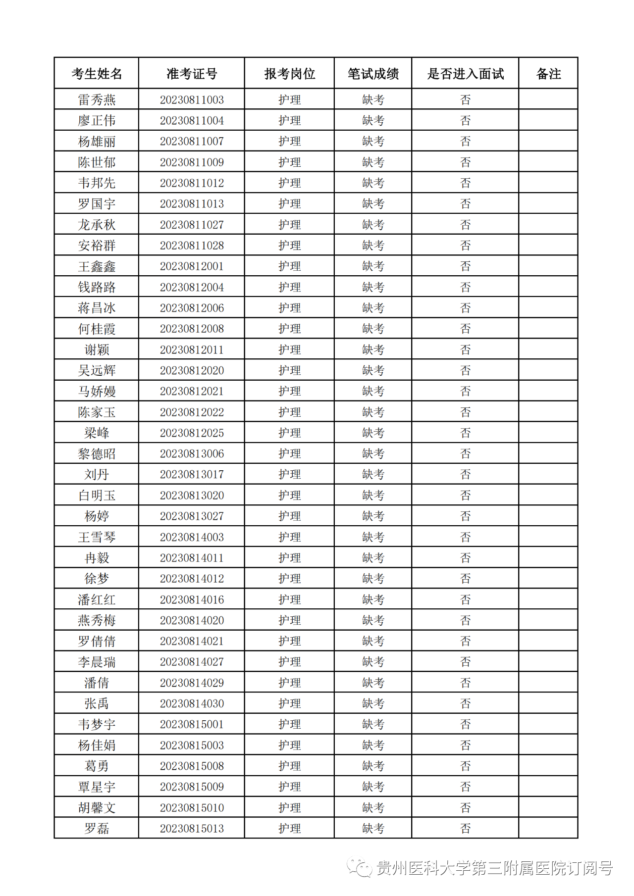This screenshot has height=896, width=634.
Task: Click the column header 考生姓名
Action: (x=97, y=74)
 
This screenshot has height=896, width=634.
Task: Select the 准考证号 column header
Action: (x=192, y=74)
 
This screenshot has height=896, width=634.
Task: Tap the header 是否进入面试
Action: (x=465, y=74)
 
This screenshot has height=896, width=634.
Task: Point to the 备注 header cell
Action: (x=548, y=74)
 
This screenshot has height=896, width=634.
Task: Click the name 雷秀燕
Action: (x=97, y=100)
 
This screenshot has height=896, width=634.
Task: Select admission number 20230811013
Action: (x=192, y=204)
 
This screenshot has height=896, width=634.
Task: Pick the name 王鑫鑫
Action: (x=97, y=267)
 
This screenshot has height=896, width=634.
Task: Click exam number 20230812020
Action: (x=192, y=371)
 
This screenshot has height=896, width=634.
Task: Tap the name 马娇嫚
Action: (x=97, y=392)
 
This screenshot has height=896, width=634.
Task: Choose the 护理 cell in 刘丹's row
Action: (x=289, y=475)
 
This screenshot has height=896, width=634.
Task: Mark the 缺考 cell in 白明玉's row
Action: (x=373, y=496)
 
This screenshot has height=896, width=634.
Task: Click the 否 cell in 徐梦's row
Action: (x=465, y=579)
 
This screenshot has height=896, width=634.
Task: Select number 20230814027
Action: (x=192, y=662)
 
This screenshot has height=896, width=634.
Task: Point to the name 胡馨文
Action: (x=97, y=808)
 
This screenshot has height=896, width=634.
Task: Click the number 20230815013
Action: (x=192, y=829)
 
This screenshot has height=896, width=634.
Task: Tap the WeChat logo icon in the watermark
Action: (x=359, y=868)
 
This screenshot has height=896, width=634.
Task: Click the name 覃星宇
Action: (x=97, y=787)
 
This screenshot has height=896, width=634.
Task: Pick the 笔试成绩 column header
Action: (x=373, y=74)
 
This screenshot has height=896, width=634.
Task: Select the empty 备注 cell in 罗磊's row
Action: (x=548, y=829)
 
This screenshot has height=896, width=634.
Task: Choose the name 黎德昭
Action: (x=97, y=454)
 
